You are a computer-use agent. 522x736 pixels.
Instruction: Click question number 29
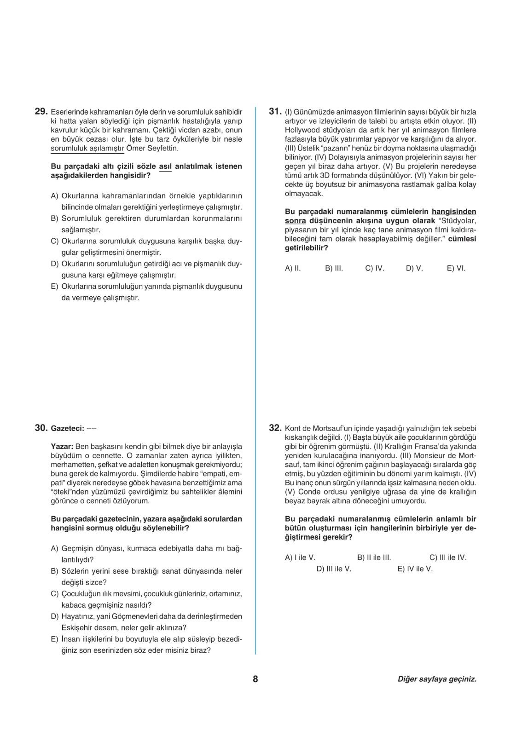tap(41, 112)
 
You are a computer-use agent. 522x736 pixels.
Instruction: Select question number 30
tap(41, 428)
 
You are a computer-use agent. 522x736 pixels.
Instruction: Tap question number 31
tap(275, 112)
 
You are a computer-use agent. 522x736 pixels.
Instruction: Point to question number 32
tap(275, 428)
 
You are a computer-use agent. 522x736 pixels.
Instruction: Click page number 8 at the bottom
tap(255, 679)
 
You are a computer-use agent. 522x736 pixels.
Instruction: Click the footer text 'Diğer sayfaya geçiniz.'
tap(437, 679)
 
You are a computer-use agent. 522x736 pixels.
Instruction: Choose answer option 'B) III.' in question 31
tap(334, 268)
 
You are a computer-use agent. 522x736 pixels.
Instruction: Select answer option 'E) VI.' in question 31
tap(456, 268)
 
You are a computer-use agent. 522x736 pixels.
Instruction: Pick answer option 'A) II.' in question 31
tap(293, 268)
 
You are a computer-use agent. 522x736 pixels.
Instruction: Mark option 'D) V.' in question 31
tap(414, 268)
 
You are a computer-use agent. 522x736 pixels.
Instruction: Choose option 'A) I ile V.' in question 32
tap(300, 558)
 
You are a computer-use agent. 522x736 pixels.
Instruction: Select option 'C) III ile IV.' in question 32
tap(448, 558)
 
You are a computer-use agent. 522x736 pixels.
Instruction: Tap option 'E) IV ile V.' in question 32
tap(415, 569)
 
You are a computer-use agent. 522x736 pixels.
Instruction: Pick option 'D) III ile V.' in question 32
tap(334, 569)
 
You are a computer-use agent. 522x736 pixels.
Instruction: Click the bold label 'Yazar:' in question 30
tap(62, 447)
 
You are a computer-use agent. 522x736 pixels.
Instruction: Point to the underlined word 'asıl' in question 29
tap(165, 167)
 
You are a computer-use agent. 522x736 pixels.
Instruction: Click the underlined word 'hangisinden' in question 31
tap(454, 212)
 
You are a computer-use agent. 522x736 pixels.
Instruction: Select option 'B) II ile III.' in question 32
tap(374, 558)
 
